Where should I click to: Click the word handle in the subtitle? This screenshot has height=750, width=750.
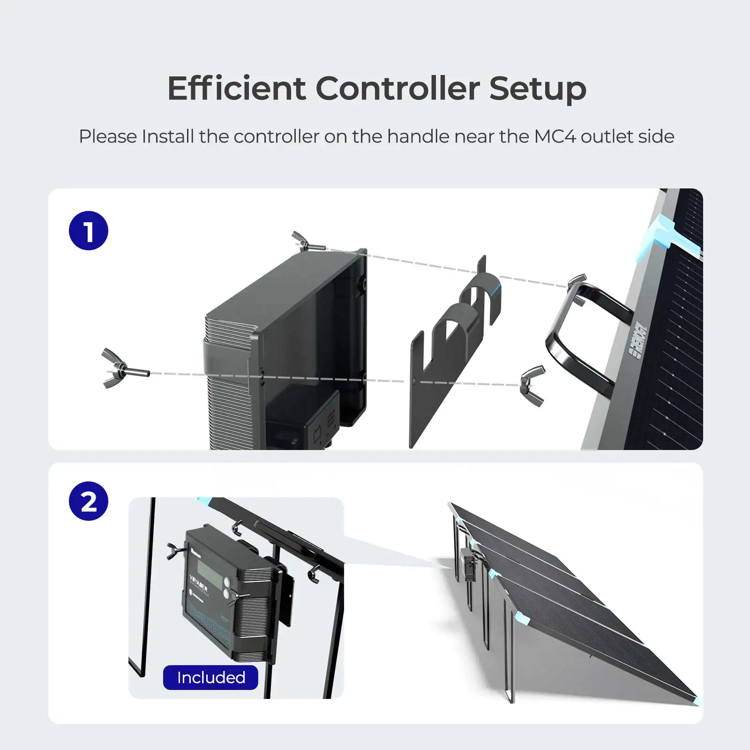[418, 136]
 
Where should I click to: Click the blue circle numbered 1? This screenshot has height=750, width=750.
[89, 231]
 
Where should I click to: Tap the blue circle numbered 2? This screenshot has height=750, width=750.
[89, 501]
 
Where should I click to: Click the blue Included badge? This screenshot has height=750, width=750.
[210, 677]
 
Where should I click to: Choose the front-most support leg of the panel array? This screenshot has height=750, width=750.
[510, 666]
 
